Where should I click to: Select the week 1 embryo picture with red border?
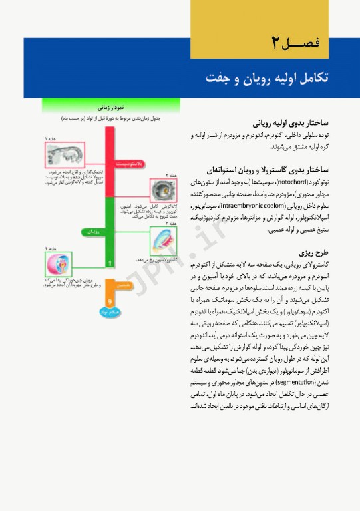pos(67,156)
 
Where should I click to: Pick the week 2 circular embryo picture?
pos(162,190)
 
